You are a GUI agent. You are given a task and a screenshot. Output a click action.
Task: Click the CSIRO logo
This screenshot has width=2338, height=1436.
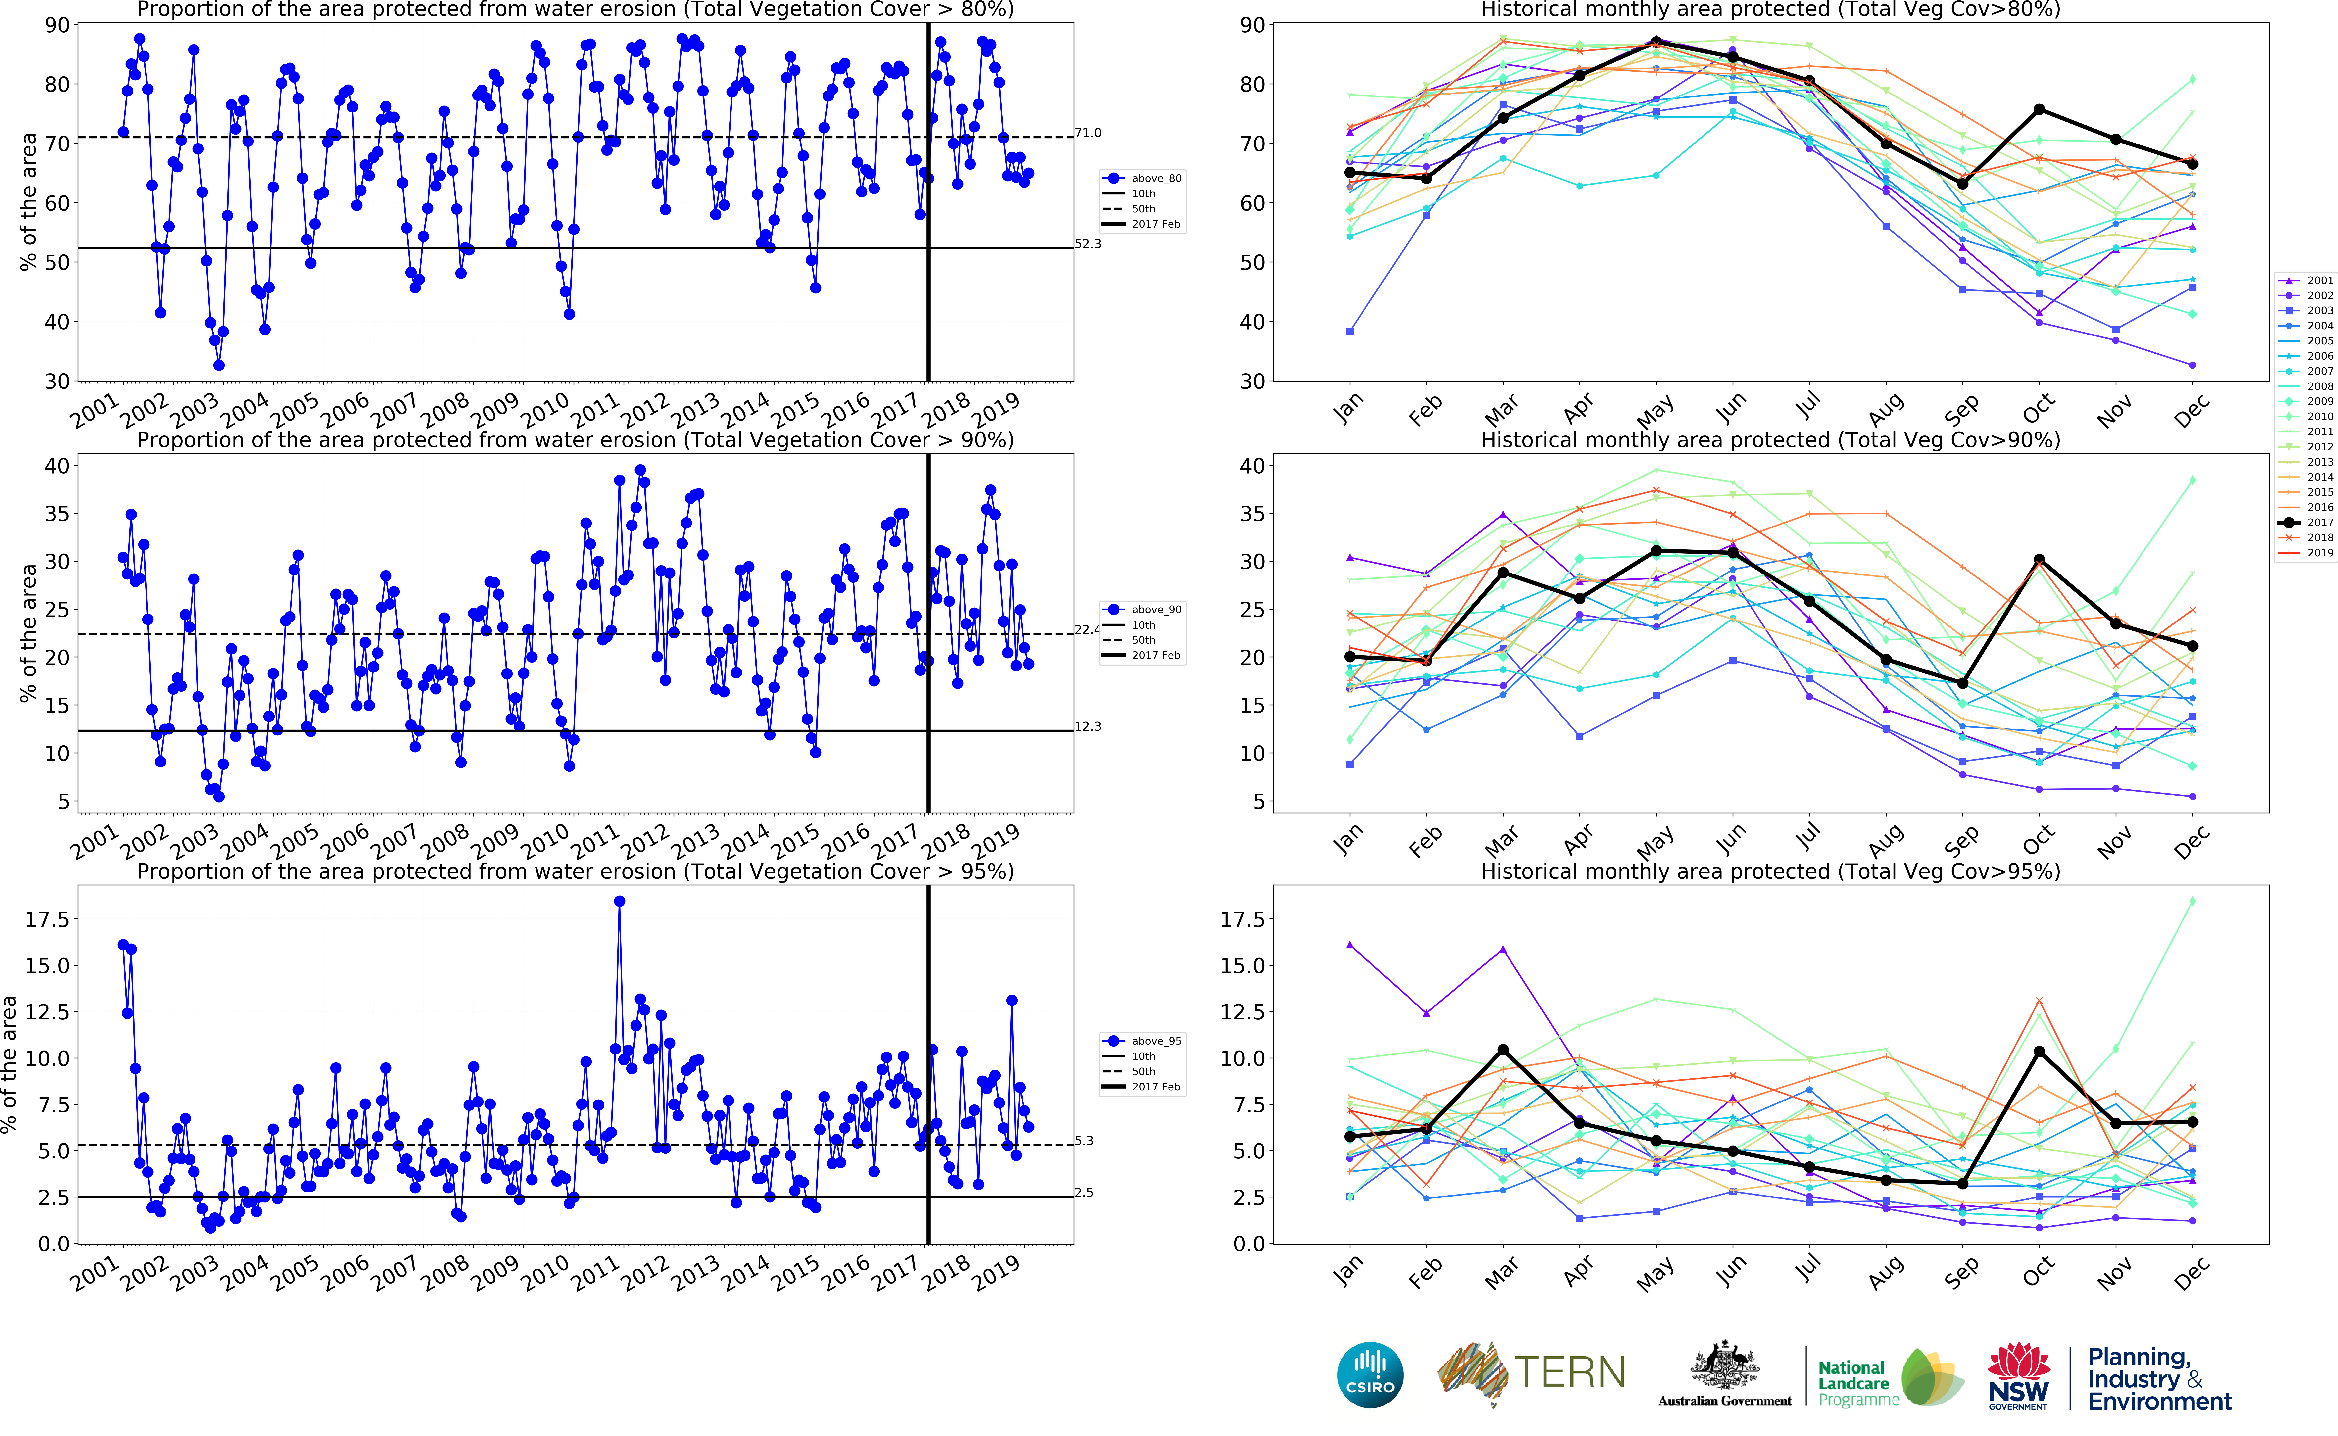coord(1369,1374)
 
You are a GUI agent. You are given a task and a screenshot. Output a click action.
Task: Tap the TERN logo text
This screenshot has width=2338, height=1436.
coord(1569,1372)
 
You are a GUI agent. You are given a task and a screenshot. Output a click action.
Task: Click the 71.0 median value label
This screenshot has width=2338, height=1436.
coord(1088,133)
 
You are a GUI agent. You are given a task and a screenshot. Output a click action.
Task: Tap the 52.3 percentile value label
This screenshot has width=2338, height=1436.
coord(1088,244)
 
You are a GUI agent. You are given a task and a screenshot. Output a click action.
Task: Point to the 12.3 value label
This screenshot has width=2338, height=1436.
coord(1088,726)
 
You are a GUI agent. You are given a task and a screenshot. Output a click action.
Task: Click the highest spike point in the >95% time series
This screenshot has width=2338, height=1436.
coord(619,901)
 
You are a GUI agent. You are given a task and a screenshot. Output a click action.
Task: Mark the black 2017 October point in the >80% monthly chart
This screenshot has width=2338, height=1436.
coord(2039,110)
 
